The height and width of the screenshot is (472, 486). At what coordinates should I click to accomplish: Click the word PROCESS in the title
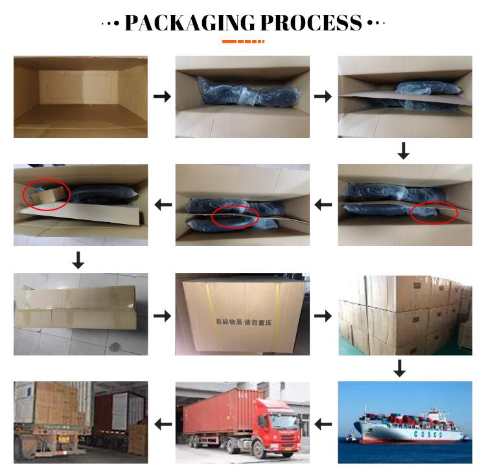(x=311, y=23)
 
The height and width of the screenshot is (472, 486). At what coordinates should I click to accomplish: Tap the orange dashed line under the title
(x=243, y=41)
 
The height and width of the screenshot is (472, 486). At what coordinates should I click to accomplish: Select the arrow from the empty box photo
(x=162, y=97)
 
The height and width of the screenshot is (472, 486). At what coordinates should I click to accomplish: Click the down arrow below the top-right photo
(x=404, y=151)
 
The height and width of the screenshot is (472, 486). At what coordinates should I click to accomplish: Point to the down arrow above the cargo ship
(x=400, y=368)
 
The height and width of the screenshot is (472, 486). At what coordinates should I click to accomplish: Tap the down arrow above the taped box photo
(x=78, y=260)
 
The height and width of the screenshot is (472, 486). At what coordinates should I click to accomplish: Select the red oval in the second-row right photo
(x=434, y=212)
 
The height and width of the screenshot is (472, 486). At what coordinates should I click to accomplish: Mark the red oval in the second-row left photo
(x=47, y=194)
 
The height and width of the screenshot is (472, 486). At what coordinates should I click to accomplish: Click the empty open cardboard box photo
(x=80, y=97)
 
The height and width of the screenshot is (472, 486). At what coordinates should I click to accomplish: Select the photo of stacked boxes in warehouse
(x=405, y=315)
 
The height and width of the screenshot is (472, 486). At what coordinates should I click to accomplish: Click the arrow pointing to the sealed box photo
(x=162, y=316)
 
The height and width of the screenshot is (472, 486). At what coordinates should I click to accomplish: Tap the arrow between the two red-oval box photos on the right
(x=323, y=205)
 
